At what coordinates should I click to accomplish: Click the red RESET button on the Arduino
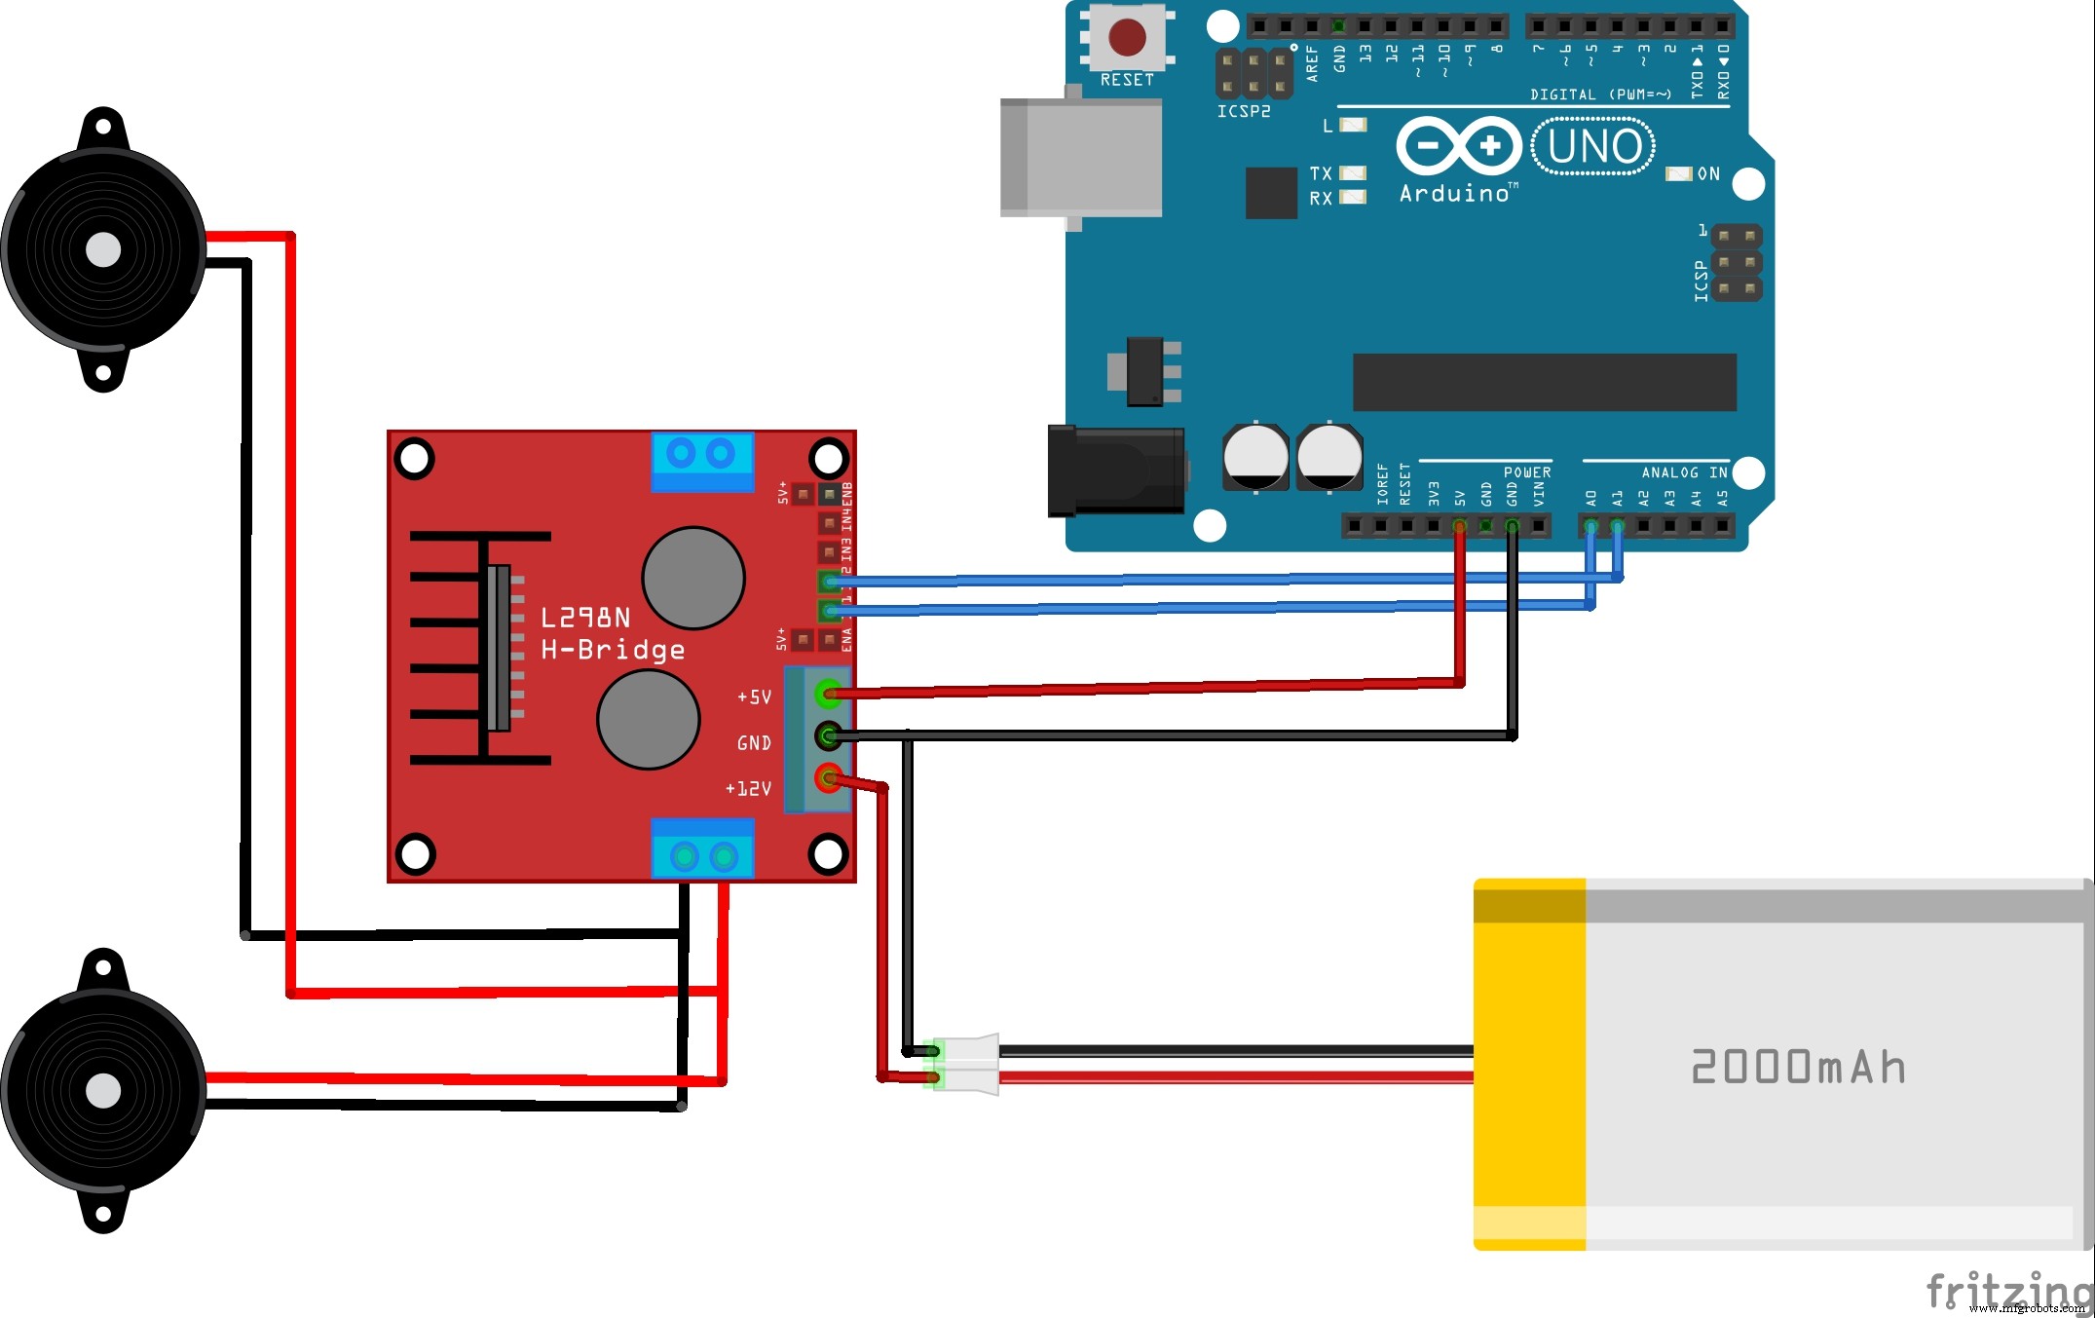(1127, 38)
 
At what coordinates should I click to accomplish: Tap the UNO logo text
(1593, 147)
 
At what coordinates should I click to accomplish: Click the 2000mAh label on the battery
(1798, 1067)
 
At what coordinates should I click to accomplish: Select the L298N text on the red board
(585, 618)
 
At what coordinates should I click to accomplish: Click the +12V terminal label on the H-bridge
(748, 788)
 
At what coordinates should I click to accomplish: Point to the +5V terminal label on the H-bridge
(754, 697)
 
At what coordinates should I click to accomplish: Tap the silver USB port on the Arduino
(1081, 158)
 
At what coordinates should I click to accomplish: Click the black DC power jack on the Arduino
(1116, 471)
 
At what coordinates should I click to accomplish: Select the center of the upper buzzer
(103, 250)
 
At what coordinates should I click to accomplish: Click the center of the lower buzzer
(103, 1091)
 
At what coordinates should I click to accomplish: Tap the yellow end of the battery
(1529, 1064)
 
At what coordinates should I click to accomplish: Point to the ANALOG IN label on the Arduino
(1684, 472)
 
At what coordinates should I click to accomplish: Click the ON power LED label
(1708, 174)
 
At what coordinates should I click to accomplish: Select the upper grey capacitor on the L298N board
(693, 578)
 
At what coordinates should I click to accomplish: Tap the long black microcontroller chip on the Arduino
(1544, 383)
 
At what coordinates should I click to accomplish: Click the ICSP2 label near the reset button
(1244, 112)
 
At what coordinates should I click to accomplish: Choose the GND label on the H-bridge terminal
(754, 743)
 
